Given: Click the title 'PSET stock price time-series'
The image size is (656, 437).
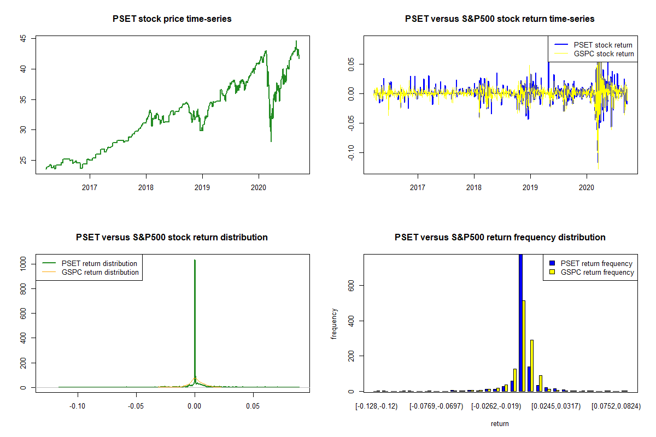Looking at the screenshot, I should pos(172,19).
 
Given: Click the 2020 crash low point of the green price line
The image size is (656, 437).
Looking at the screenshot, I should pos(271,141).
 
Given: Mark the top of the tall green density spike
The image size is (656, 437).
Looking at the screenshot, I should pos(195,261).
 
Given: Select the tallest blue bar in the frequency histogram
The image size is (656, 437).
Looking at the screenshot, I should pos(520,322).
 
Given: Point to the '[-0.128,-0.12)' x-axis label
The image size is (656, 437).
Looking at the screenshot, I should pos(377,406).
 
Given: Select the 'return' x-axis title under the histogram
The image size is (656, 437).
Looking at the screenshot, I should pos(500,423).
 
